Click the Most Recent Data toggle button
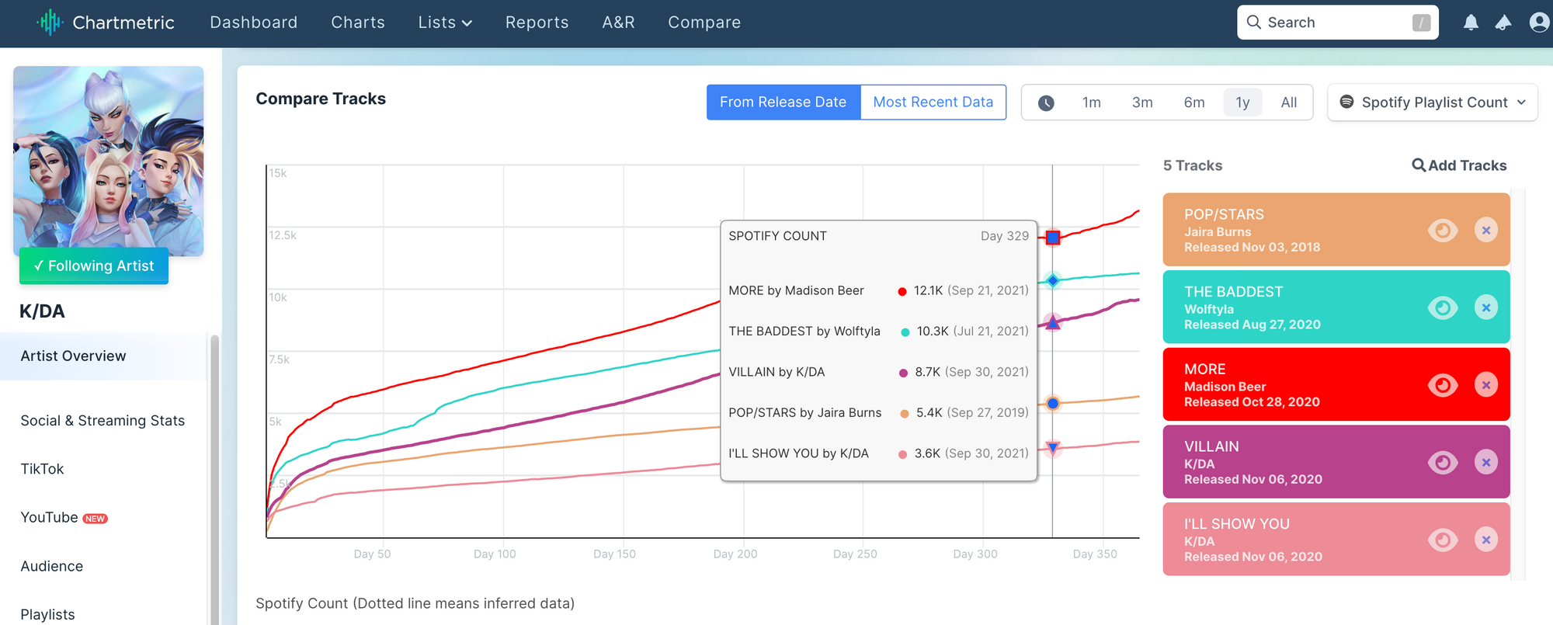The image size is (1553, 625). pos(933,102)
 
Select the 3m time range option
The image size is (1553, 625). pos(1141,102)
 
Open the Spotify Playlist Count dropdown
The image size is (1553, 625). pos(1433,102)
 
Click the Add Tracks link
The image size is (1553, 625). pos(1459,165)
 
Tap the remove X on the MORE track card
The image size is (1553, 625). pos(1485,385)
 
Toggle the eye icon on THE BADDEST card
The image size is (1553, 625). pos(1442,307)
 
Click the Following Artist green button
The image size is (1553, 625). pos(94,266)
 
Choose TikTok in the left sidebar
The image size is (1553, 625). pos(43,469)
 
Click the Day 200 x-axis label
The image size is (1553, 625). pos(735,554)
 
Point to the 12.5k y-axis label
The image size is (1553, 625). pos(283,235)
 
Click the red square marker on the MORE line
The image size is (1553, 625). pos(1052,238)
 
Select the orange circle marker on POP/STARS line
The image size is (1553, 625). pos(1052,403)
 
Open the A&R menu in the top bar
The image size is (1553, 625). pos(618,23)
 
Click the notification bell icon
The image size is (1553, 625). pos(1470,23)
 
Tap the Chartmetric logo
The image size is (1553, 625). pos(106,23)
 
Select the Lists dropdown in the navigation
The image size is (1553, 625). pos(445,23)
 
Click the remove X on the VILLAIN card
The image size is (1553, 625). pos(1485,463)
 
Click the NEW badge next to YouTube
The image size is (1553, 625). pos(96,519)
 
